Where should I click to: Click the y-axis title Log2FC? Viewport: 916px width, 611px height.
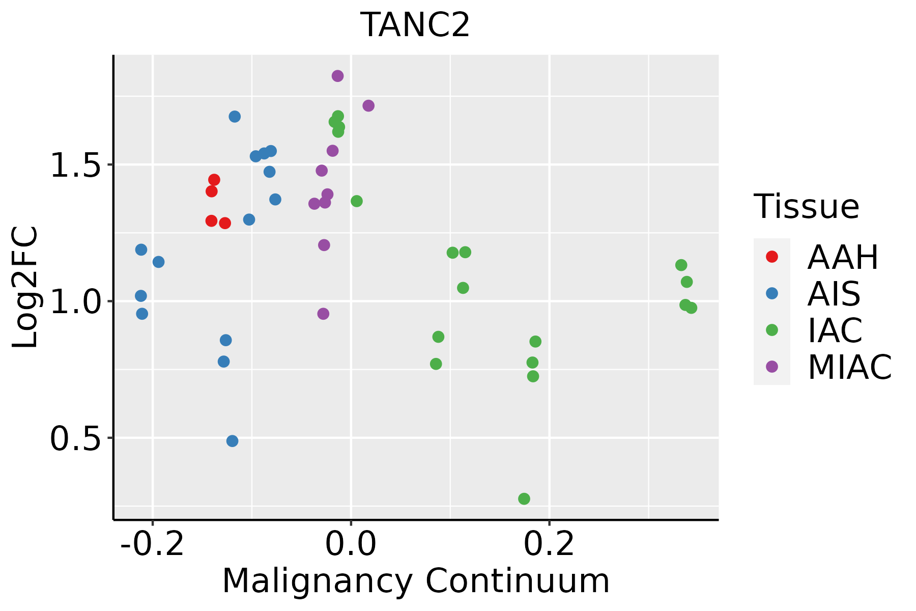tap(25, 288)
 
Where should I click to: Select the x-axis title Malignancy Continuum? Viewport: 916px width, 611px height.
tap(416, 581)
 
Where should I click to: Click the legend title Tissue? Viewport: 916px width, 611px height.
tap(807, 207)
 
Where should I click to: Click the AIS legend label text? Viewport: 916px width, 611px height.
tap(834, 294)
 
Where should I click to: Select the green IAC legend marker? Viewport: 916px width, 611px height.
tap(772, 330)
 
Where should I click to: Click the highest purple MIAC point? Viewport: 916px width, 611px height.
tap(337, 76)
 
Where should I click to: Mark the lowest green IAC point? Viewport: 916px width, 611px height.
tap(524, 499)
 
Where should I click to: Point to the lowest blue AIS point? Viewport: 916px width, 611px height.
tap(232, 441)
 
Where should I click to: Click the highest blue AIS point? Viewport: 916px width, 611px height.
tap(235, 117)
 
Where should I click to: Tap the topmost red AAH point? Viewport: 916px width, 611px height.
tap(214, 180)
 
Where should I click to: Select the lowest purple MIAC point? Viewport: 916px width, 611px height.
tap(323, 314)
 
